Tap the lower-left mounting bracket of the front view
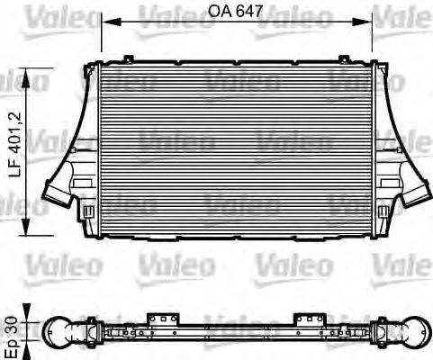(x=88, y=212)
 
